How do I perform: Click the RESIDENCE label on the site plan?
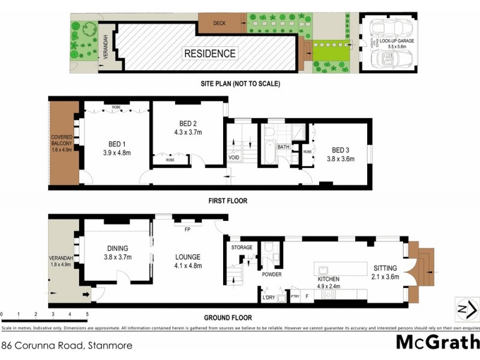tap(209, 53)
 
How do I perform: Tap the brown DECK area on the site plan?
tap(220, 23)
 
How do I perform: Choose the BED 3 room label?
tap(340, 151)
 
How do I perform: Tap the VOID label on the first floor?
tap(234, 158)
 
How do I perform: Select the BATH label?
tap(284, 146)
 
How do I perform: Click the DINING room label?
tap(118, 248)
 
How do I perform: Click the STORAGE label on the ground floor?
tap(242, 247)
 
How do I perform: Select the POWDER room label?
tap(272, 275)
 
